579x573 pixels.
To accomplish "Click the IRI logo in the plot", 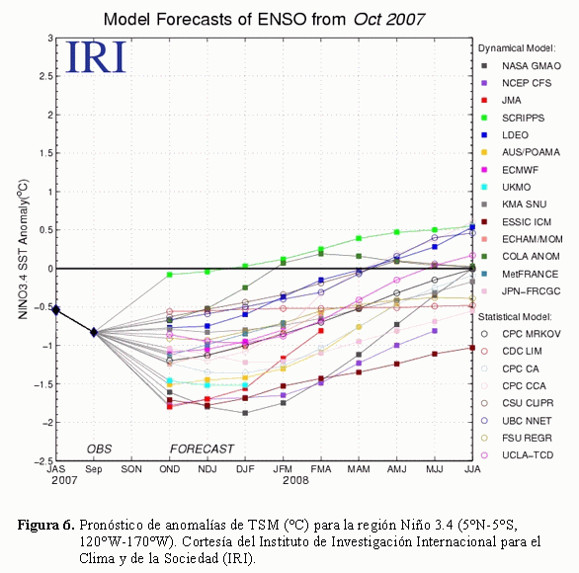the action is (96, 57).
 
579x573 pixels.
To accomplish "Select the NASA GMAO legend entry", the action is (522, 66).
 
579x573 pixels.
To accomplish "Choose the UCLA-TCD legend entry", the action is (518, 455).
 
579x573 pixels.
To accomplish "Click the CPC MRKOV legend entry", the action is (521, 334).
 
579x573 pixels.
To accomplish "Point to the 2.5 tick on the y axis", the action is (46, 76).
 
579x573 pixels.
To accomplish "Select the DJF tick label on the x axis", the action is (245, 469).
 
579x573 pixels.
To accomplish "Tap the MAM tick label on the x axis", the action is (359, 469).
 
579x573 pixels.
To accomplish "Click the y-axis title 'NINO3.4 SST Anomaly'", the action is (23, 249).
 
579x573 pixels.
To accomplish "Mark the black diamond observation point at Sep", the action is (94, 332).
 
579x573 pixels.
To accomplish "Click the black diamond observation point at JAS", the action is (56, 310).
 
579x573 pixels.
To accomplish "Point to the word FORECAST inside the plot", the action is (202, 449).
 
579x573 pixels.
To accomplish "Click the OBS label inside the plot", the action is (99, 449).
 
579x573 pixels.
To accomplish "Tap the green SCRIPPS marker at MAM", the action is (359, 238).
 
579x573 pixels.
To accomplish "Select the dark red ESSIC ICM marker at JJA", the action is (472, 348).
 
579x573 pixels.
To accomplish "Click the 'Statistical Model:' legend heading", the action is (515, 317).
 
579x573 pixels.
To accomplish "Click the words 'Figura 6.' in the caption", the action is (46, 525).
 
